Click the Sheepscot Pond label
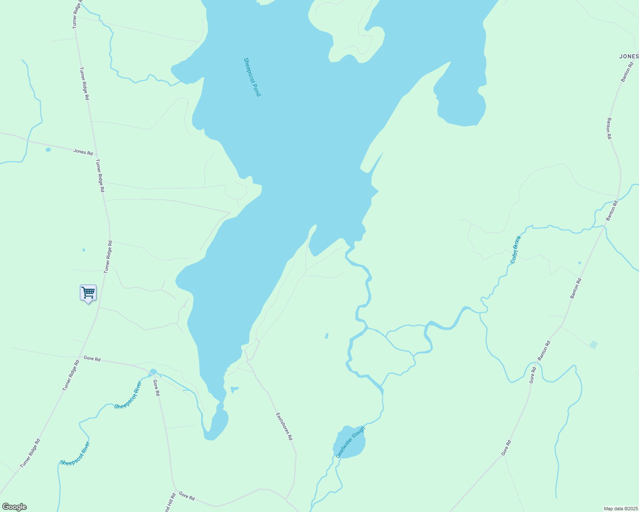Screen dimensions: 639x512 252,77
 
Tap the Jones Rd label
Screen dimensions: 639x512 83,151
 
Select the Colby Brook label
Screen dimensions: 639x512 516,249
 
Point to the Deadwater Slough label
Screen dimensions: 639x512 351,442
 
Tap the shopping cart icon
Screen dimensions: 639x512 88,293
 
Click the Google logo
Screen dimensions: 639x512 14,507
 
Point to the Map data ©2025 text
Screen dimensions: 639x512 620,509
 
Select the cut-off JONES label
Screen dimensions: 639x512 629,56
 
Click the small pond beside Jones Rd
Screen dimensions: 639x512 48,149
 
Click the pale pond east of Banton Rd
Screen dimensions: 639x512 593,344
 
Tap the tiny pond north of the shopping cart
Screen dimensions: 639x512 84,250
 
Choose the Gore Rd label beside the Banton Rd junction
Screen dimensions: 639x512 532,375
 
